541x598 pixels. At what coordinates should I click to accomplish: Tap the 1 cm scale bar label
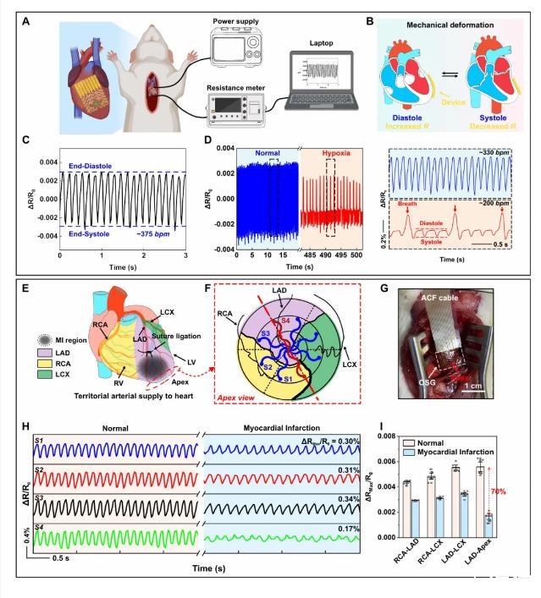pos(491,391)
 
